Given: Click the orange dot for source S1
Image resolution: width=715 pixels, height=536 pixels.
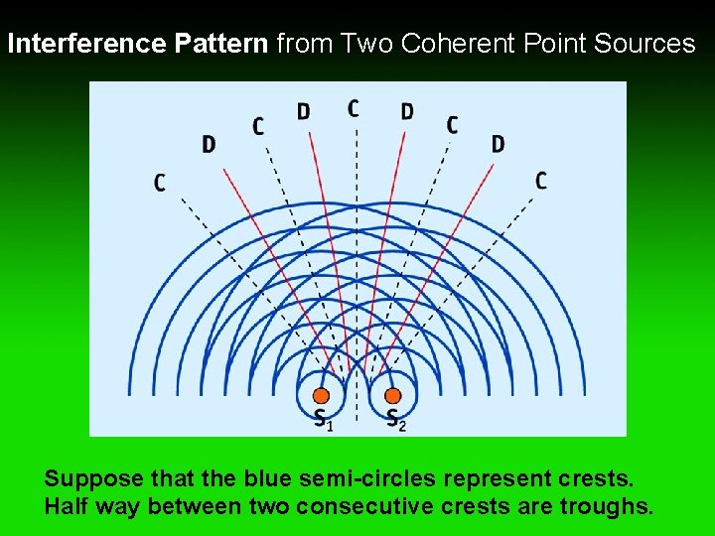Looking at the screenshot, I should (x=321, y=395).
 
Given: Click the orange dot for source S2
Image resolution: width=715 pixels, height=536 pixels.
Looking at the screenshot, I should (x=393, y=395).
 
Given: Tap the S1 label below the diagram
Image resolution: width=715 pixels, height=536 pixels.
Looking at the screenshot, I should (x=323, y=419).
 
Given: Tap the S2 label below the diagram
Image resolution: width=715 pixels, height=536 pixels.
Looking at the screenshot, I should (x=395, y=419).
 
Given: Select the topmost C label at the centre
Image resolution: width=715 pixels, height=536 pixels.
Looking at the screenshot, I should (x=354, y=107).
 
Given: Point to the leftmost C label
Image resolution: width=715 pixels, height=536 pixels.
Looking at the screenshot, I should (x=160, y=183).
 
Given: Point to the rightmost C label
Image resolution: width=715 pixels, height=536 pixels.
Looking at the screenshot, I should (x=540, y=181).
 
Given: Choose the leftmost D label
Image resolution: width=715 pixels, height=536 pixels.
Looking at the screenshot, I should (x=209, y=145).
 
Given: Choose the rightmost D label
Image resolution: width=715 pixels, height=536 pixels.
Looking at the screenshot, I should (x=498, y=144).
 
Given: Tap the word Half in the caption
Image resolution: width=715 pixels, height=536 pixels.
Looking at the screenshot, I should (x=67, y=507).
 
